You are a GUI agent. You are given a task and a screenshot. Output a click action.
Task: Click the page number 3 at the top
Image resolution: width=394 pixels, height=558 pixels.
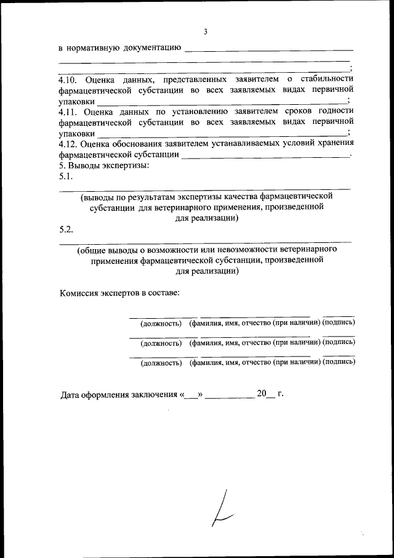coord(206,31)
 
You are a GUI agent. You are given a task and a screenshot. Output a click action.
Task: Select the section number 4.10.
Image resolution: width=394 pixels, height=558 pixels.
coord(68,80)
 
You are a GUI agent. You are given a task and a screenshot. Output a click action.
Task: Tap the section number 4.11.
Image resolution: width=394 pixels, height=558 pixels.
coord(68,112)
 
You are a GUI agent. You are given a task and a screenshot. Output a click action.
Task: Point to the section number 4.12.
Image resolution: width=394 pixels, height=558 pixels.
coord(68,144)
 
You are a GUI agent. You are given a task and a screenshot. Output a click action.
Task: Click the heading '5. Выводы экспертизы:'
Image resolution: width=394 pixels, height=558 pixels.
coord(104,165)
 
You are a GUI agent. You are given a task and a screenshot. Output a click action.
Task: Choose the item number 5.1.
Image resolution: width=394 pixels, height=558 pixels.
coord(66,176)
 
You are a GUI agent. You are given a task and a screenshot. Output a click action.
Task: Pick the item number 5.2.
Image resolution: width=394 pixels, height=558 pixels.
coord(66,229)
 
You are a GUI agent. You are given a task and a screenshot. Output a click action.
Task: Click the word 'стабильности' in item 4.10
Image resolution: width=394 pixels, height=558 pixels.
coord(327,80)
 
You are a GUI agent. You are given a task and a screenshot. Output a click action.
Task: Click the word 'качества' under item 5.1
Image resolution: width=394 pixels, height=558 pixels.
coord(238,197)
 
